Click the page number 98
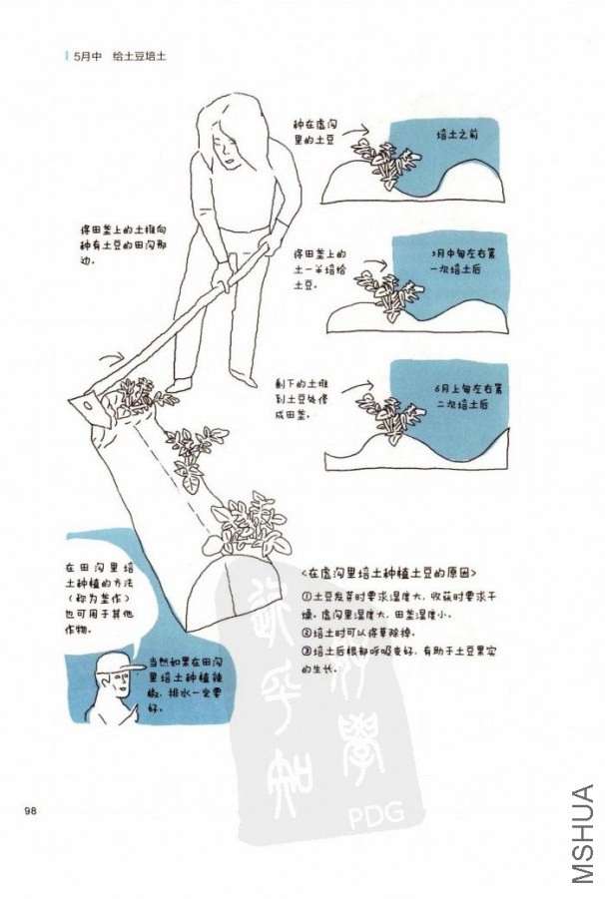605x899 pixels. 31,808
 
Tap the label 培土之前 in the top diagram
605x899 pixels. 459,134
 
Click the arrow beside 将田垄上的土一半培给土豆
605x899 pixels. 374,267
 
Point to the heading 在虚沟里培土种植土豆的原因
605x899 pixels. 388,574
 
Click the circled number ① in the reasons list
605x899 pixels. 307,597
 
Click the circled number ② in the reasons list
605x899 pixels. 307,633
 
